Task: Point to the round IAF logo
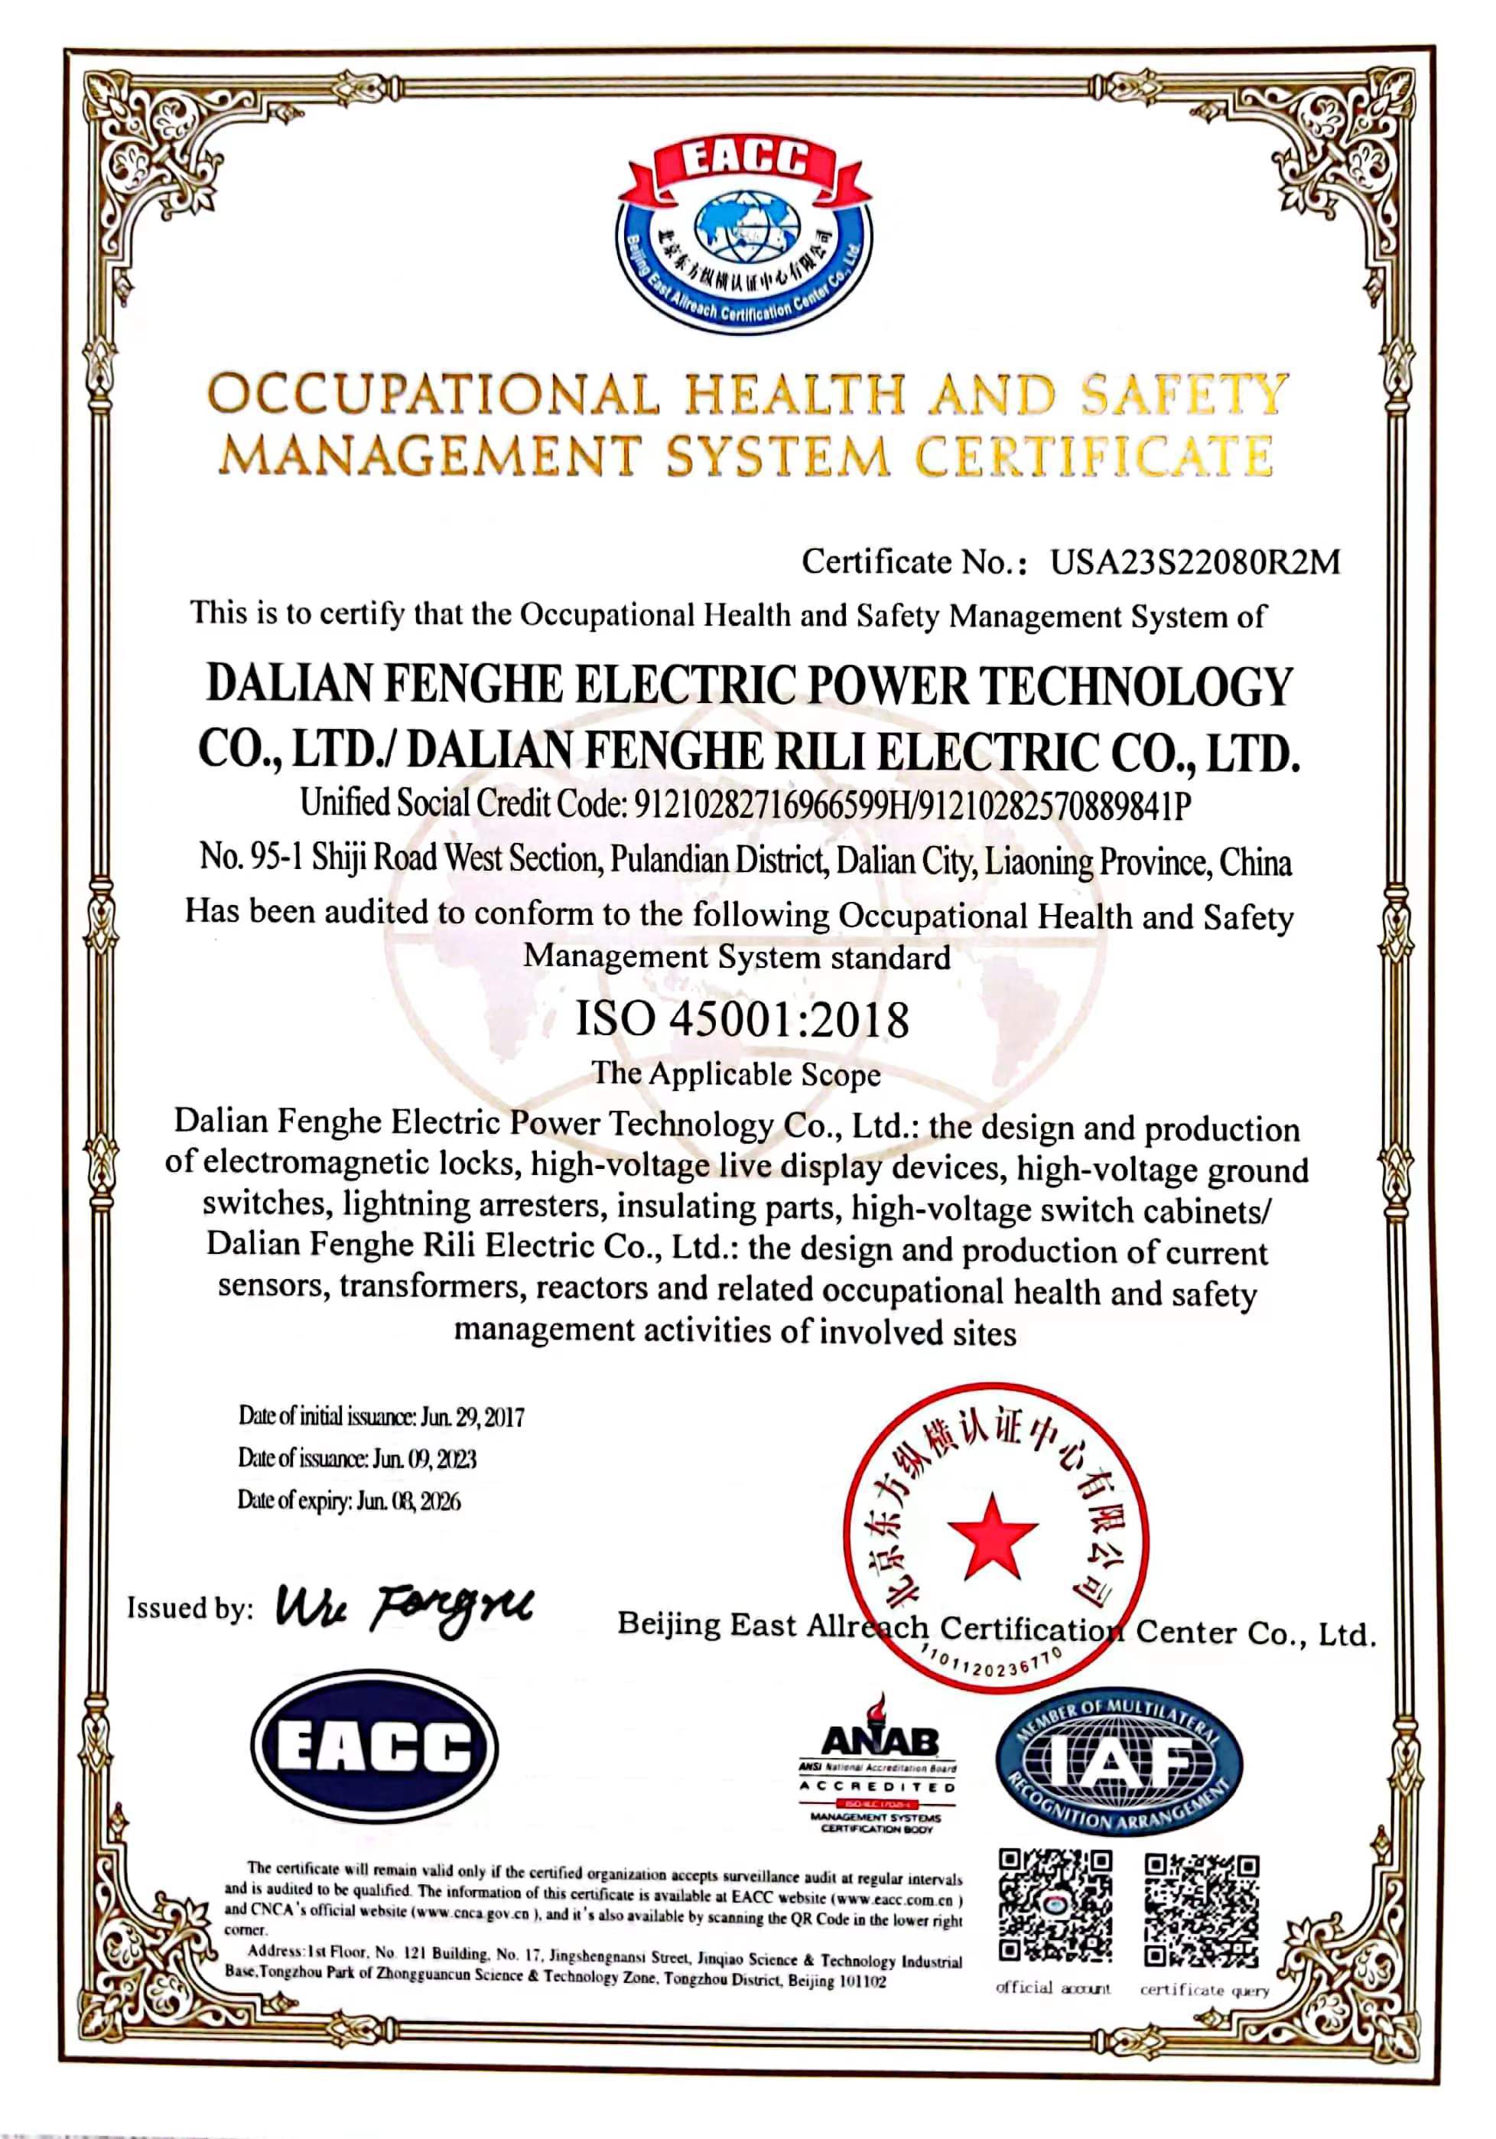pyautogui.click(x=1119, y=1761)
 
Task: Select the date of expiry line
pyautogui.click(x=350, y=1501)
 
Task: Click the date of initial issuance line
pyautogui.click(x=381, y=1417)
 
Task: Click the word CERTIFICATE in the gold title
pyautogui.click(x=1094, y=457)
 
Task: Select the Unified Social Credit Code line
pyautogui.click(x=745, y=804)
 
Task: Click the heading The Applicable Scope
pyautogui.click(x=736, y=1073)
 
